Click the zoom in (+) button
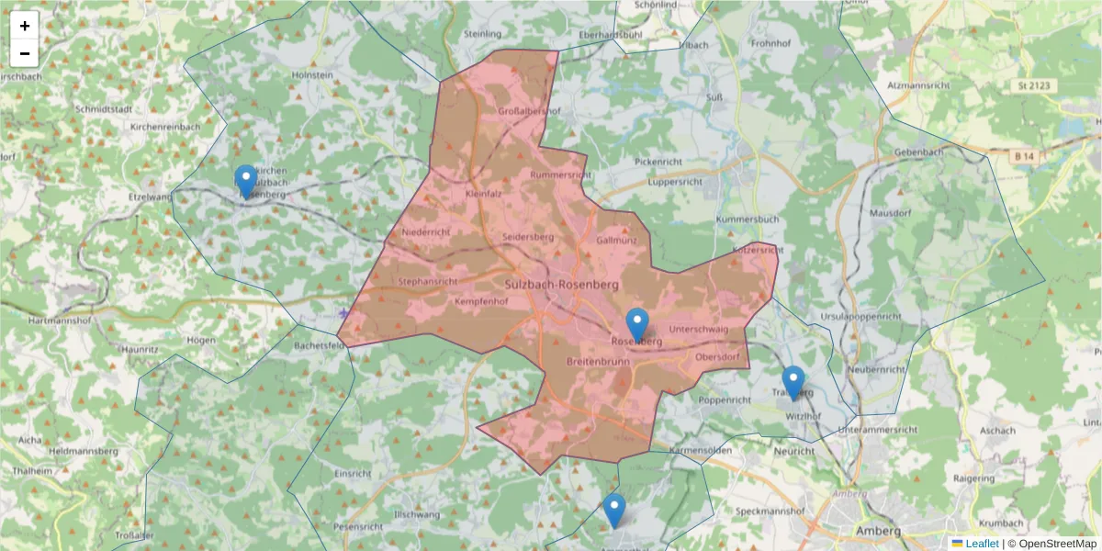click(x=25, y=26)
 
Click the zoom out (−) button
click(x=25, y=53)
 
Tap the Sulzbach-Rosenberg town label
click(x=561, y=285)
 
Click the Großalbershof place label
click(x=528, y=111)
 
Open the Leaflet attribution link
click(x=981, y=544)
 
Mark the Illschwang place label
click(x=418, y=514)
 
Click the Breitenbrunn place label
click(x=598, y=361)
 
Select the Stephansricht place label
click(x=428, y=281)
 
